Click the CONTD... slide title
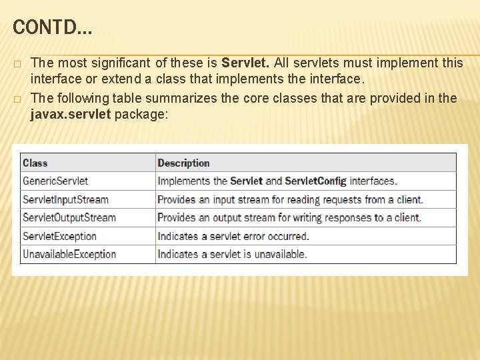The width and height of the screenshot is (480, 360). coord(53,27)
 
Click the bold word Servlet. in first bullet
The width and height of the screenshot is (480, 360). coord(246,63)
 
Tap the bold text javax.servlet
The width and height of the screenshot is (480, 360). coord(71,114)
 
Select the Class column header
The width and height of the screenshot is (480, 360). coord(35,163)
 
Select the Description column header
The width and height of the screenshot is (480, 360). coord(183,163)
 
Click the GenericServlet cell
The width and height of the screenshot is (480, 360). coord(55,181)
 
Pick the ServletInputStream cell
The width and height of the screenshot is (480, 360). coord(65,199)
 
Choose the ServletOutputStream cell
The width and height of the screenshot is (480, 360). coord(69,217)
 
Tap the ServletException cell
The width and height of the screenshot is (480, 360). coord(60,236)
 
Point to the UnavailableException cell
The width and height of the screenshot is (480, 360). coord(69,254)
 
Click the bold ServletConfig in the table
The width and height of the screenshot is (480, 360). coord(315,181)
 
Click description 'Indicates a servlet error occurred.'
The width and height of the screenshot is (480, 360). coord(233,236)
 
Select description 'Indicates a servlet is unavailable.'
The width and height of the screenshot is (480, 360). coord(232,254)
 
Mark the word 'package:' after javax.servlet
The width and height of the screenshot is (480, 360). coord(142,114)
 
